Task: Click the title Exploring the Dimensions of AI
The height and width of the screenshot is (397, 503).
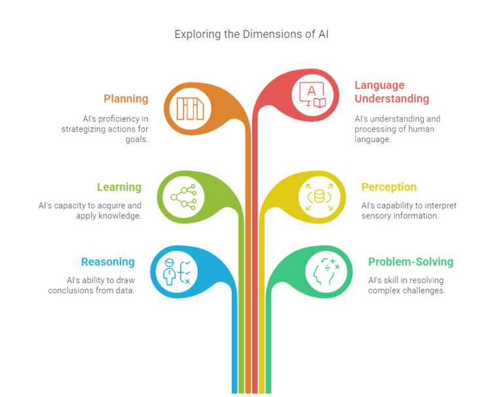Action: point(251,34)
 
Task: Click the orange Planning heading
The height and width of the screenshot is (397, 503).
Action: point(126,99)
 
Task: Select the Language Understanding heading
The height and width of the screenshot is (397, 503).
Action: point(392,92)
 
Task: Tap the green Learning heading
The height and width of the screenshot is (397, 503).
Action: point(119,187)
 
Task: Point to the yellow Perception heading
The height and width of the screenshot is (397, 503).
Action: point(388,187)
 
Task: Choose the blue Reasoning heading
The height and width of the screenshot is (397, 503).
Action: point(108,262)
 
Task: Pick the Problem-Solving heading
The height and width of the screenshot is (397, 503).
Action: point(410,262)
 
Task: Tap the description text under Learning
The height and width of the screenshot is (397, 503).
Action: point(89,211)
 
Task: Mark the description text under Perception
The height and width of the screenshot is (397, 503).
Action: point(409,211)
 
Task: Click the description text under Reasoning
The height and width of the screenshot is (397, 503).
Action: point(91,286)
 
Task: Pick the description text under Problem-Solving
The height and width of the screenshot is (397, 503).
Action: point(406,286)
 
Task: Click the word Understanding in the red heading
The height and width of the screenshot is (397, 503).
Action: point(392,99)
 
